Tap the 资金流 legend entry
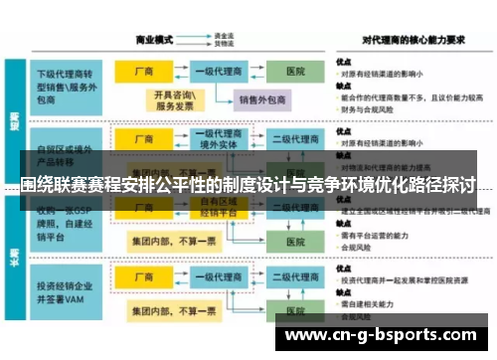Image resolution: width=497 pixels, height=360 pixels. pos(224,37)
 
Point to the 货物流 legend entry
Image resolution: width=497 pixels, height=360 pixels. pos(224,45)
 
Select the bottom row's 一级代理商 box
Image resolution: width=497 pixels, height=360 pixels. pos(217,282)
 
